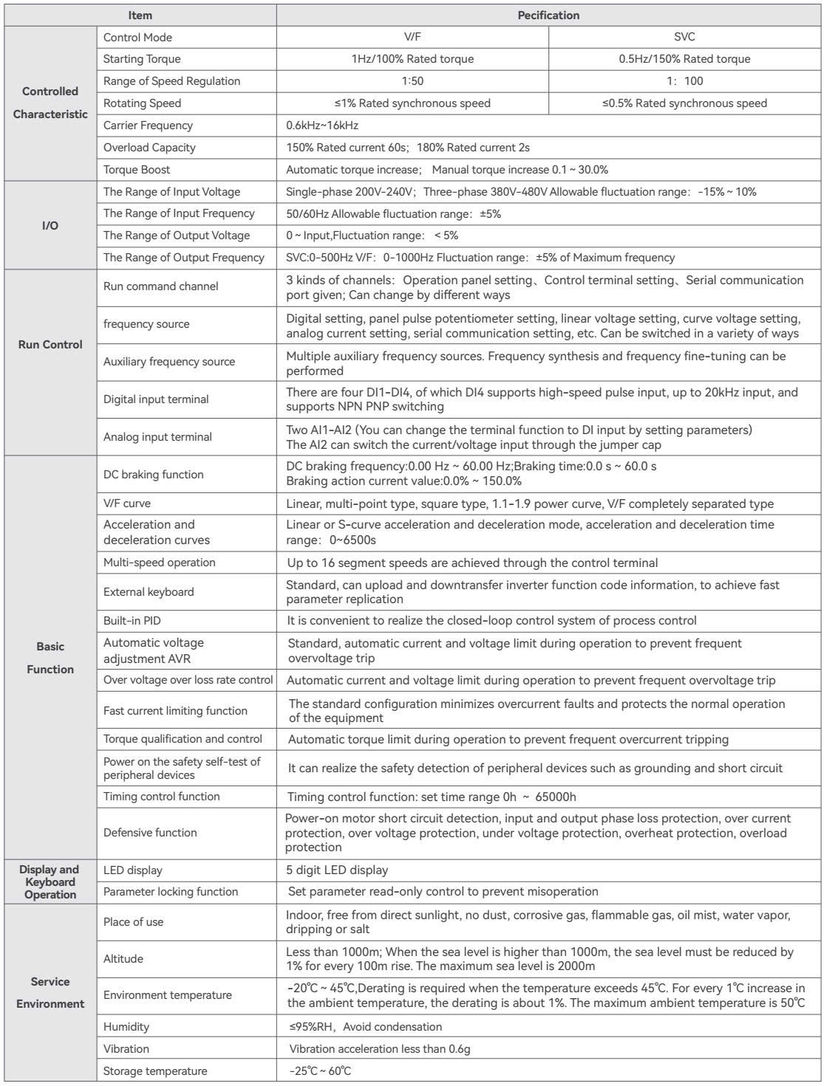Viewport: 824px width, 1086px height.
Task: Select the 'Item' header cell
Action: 140,15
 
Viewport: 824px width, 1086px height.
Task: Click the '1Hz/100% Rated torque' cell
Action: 412,59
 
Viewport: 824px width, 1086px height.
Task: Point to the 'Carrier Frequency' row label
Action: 148,126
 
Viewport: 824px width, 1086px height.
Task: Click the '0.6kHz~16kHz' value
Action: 322,126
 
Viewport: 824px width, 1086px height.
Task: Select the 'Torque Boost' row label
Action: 137,170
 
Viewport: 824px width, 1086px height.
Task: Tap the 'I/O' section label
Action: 50,224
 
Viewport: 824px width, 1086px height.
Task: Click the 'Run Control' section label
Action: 50,345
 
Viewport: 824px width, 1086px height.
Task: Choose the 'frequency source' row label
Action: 146,324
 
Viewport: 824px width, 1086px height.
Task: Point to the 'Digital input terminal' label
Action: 156,399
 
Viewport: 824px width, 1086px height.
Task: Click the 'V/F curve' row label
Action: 127,504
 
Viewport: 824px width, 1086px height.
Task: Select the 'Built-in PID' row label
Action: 132,621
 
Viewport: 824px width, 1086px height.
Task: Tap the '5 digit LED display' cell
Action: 337,870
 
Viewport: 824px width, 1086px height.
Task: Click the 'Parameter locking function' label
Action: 171,892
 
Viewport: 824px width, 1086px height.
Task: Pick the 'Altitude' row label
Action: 123,959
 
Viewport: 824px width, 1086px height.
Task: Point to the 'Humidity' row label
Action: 126,1027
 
